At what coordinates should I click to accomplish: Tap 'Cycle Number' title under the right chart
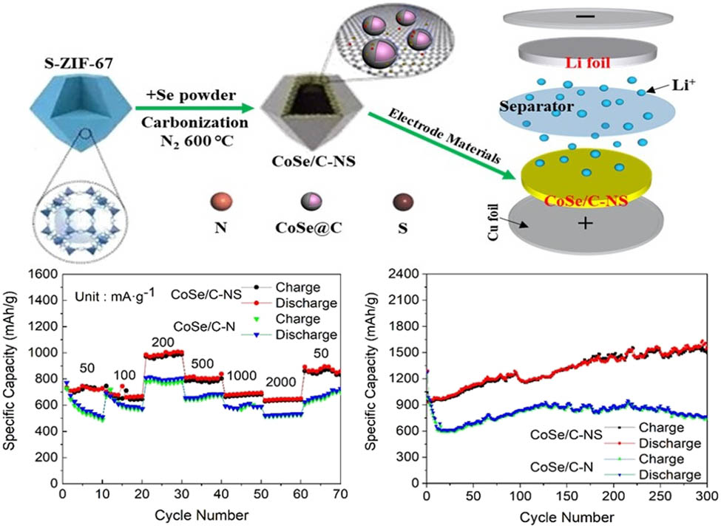tap(566, 514)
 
